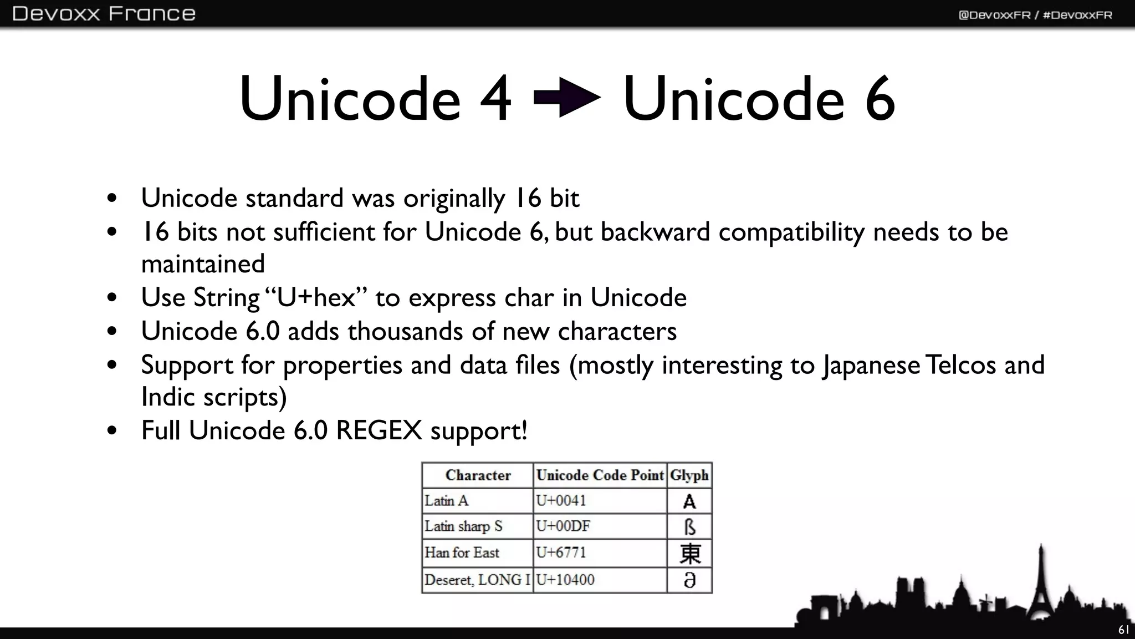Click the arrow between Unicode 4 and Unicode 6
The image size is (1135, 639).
point(566,98)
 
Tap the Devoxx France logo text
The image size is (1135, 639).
point(104,13)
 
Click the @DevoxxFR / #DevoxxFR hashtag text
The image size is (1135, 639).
point(1035,15)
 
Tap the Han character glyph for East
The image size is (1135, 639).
point(690,554)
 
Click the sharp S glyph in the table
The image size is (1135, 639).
point(689,527)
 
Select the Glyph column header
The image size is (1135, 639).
point(689,475)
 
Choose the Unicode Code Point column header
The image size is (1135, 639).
point(600,475)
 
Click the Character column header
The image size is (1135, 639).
point(478,475)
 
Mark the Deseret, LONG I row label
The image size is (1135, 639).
point(477,580)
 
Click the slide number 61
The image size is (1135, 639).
point(1123,630)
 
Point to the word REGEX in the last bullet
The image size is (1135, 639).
point(379,431)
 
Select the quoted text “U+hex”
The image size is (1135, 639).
point(316,298)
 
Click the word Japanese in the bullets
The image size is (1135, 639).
point(871,366)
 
